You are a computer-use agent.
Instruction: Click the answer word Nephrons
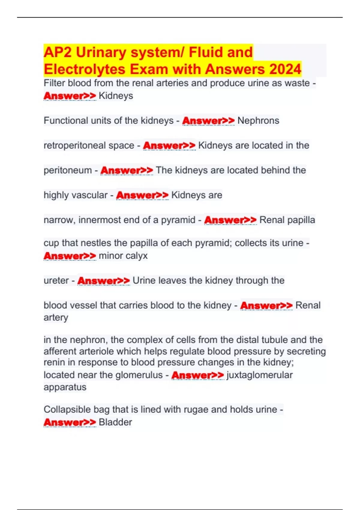click(x=258, y=121)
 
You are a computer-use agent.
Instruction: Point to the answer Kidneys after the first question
click(x=116, y=96)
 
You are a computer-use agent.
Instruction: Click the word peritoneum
click(x=67, y=170)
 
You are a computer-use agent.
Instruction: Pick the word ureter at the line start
click(x=56, y=280)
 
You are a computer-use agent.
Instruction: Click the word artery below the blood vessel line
click(x=56, y=317)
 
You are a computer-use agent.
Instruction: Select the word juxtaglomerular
click(x=259, y=375)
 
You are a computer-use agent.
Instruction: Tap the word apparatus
click(x=65, y=387)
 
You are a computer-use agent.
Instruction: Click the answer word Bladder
click(x=115, y=422)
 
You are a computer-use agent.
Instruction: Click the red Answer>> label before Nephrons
click(x=208, y=121)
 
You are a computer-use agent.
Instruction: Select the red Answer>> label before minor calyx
click(x=70, y=256)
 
